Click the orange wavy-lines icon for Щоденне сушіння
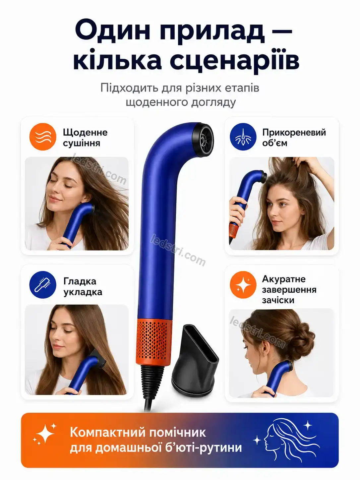[x=43, y=137]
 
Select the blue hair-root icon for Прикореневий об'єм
[x=243, y=137]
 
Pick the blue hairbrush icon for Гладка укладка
[x=43, y=285]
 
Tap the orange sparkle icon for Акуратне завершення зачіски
[x=243, y=285]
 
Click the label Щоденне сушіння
[x=85, y=138]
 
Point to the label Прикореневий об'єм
[x=294, y=138]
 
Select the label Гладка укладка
[x=83, y=286]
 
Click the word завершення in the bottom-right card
[x=289, y=290]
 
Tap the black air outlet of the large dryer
[x=203, y=140]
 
